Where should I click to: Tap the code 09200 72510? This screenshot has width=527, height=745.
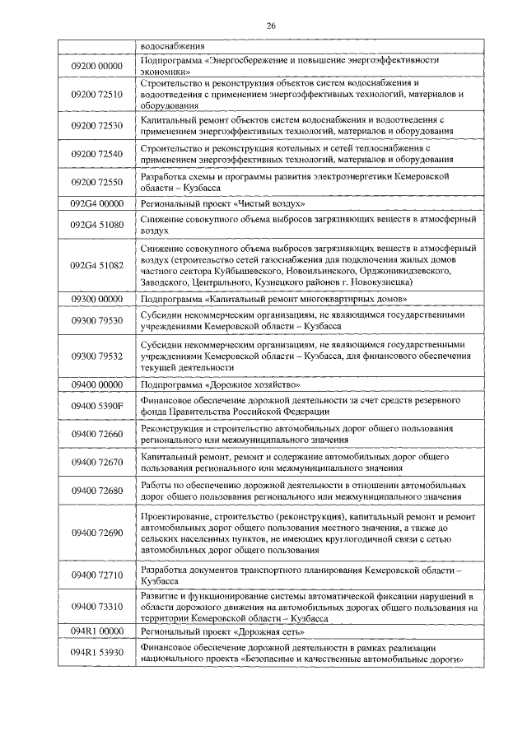[x=96, y=95]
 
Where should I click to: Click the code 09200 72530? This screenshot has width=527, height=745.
[x=96, y=125]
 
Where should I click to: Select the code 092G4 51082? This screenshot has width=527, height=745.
[x=96, y=265]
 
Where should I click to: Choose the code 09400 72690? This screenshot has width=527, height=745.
[x=96, y=533]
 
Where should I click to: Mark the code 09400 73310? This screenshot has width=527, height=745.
[x=96, y=607]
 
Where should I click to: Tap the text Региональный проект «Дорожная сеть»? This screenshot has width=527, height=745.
[x=222, y=631]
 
